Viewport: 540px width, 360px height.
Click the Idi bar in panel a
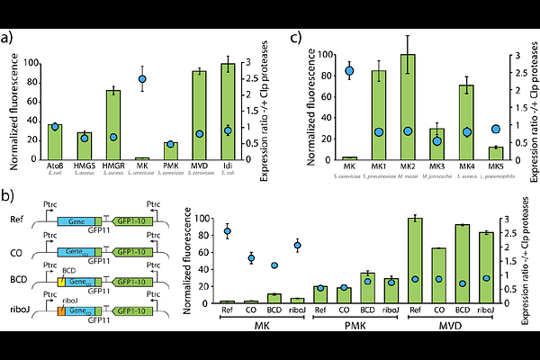pos(227,112)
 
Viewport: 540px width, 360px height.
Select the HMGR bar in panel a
pos(113,125)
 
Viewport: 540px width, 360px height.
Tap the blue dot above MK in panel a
pos(141,79)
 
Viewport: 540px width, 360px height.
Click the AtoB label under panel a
pos(55,166)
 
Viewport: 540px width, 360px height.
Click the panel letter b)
pos(7,195)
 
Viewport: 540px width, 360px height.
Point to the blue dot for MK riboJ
pos(298,246)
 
